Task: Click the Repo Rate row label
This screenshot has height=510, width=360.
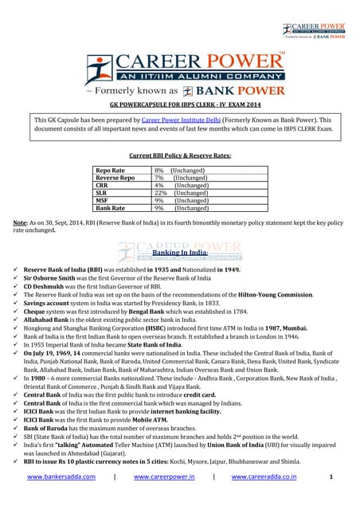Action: tap(111, 171)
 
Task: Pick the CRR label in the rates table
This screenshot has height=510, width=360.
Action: tap(104, 186)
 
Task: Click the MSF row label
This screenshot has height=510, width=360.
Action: tap(104, 200)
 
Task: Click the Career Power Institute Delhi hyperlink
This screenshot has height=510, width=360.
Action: tap(176, 118)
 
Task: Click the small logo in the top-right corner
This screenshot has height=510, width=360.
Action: tap(314, 30)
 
